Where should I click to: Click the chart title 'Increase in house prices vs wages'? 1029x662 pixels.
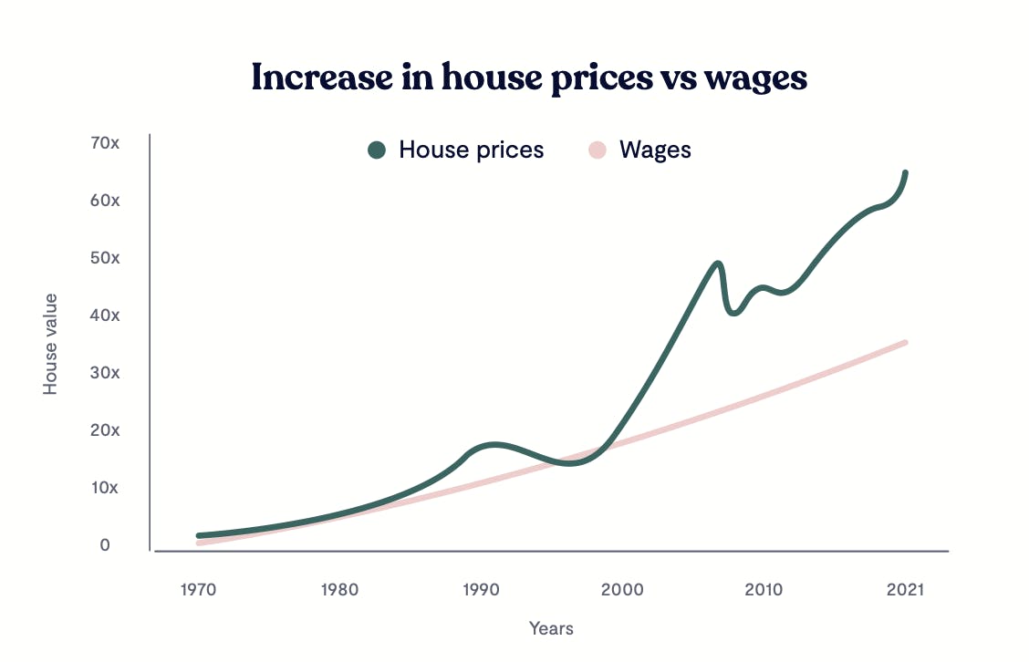tap(529, 78)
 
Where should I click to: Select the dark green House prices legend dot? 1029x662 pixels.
tap(377, 150)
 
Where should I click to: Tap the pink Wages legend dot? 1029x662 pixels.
tap(597, 150)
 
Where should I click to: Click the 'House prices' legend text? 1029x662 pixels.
tap(471, 150)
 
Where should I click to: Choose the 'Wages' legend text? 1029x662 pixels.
tap(655, 150)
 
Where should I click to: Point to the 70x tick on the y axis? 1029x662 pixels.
tap(105, 143)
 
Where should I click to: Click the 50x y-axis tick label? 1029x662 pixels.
tap(105, 258)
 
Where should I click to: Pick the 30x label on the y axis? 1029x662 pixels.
tap(105, 373)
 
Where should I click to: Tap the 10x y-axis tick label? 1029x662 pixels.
tap(105, 488)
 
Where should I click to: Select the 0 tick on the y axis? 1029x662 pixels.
tap(105, 545)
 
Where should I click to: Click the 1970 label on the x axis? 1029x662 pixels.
tap(198, 590)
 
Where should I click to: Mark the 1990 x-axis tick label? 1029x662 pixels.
tap(481, 590)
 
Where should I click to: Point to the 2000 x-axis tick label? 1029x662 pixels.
tap(621, 590)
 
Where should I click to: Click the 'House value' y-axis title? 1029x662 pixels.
tap(51, 344)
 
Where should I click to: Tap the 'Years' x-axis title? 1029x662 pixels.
tap(551, 628)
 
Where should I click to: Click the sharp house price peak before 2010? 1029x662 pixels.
tap(718, 264)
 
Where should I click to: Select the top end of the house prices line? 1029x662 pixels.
tap(905, 172)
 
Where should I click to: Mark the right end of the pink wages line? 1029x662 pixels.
tap(905, 342)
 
